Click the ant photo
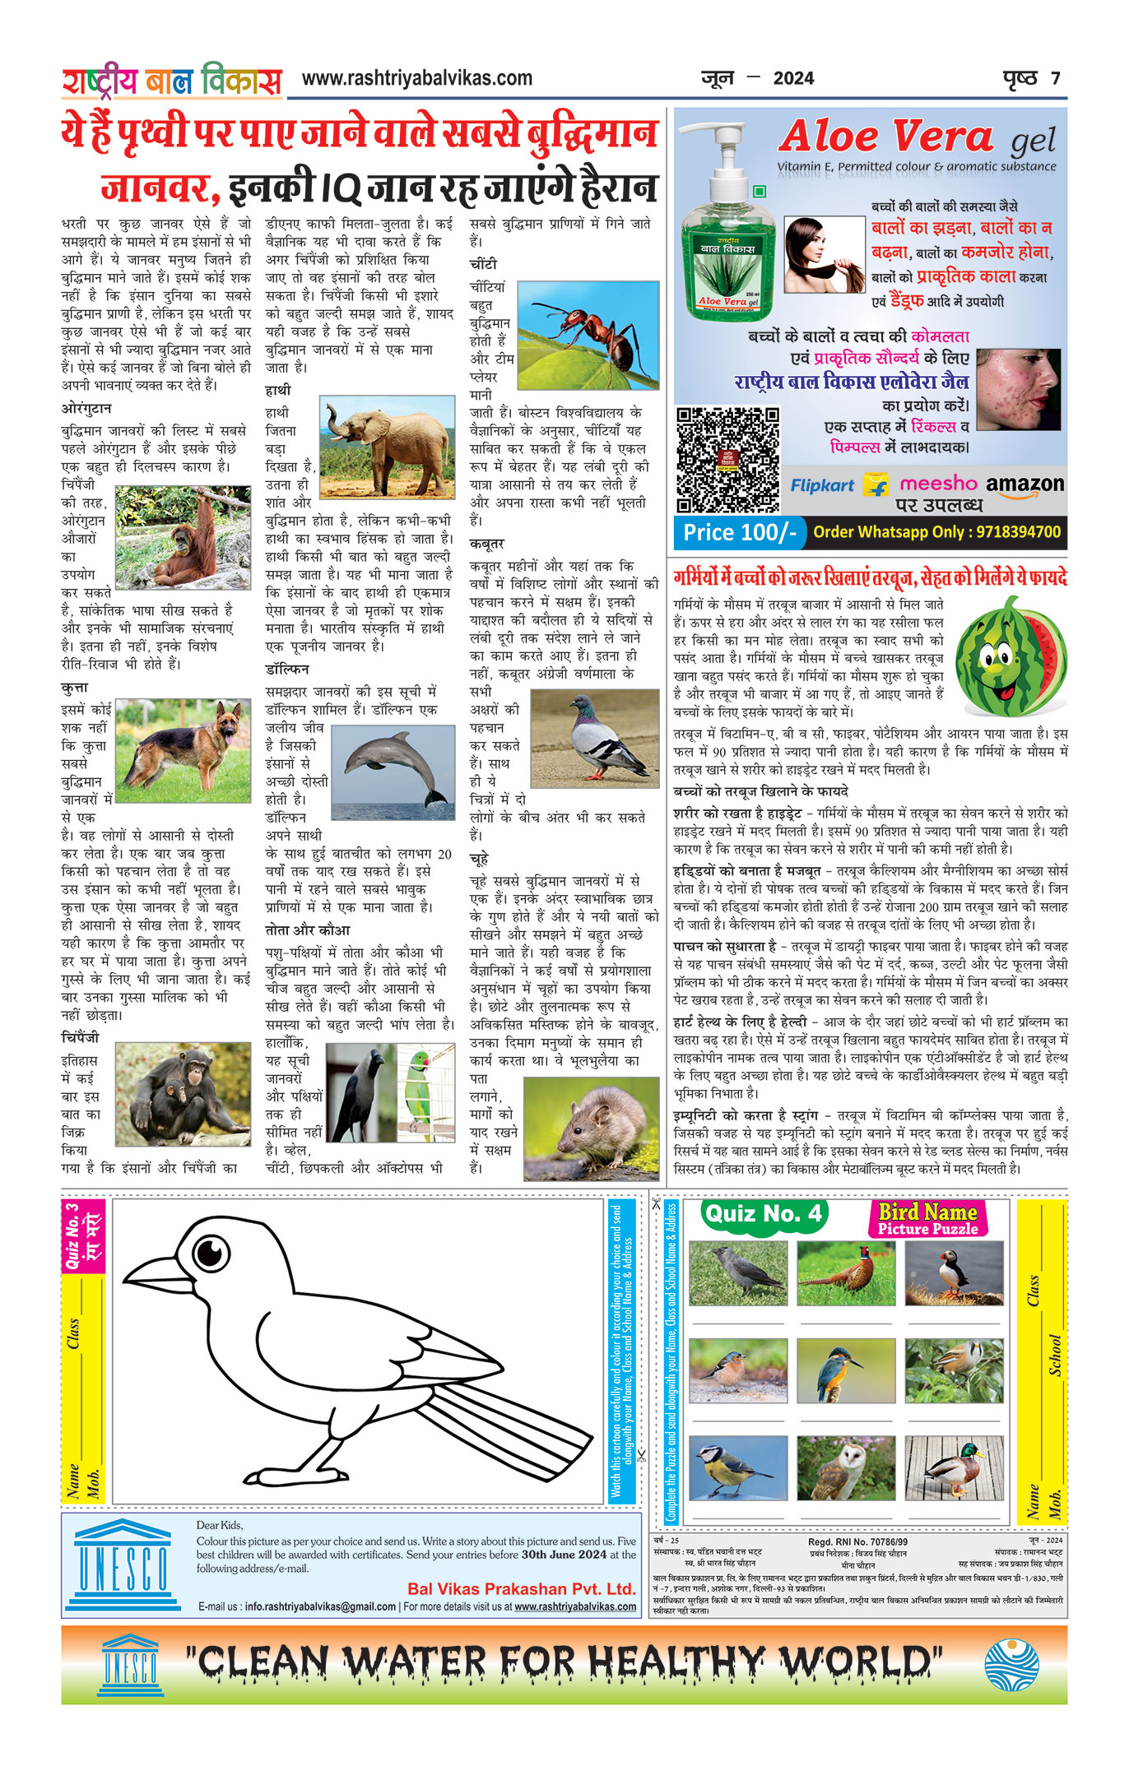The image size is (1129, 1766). click(588, 335)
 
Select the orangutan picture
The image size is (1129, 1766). click(183, 536)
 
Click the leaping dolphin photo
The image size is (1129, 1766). click(393, 772)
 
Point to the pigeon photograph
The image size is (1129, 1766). click(594, 737)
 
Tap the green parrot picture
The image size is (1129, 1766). click(426, 1093)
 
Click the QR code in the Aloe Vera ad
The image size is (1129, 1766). click(727, 459)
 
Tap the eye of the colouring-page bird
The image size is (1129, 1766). click(211, 1254)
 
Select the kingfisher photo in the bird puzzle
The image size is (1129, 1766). click(845, 1370)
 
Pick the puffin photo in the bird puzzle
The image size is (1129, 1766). click(954, 1273)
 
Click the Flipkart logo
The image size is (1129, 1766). click(823, 485)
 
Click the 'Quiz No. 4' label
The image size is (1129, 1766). click(763, 1214)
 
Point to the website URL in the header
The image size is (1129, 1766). click(417, 79)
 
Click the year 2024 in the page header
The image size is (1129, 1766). click(793, 79)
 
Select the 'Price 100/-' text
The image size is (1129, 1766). click(739, 532)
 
